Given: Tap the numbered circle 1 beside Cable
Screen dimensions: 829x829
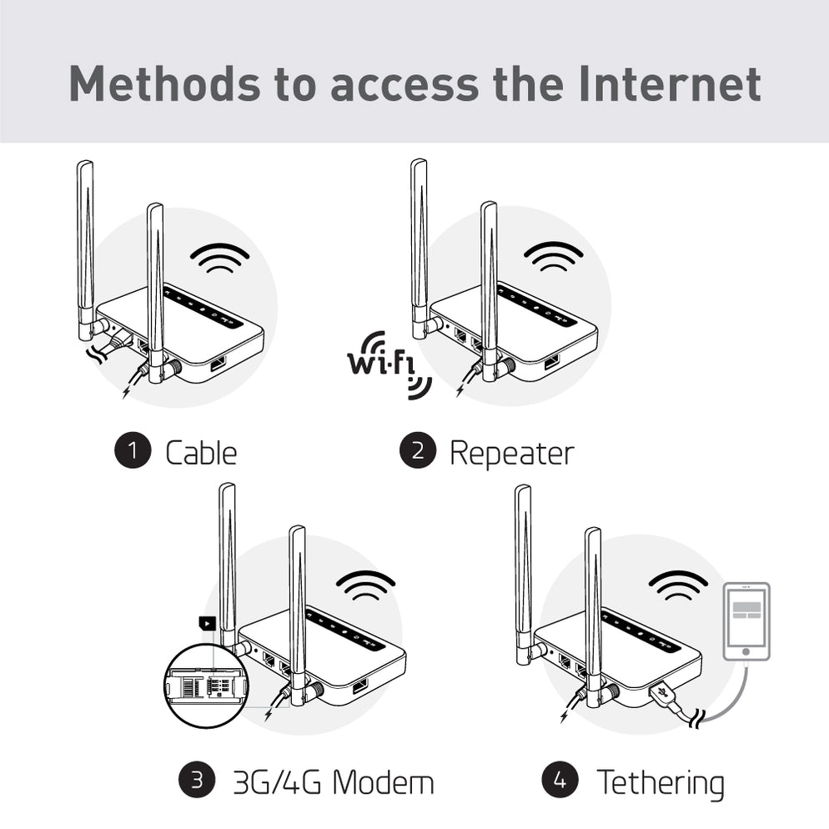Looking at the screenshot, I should tap(132, 451).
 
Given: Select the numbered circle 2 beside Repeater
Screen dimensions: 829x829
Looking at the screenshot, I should tap(417, 451).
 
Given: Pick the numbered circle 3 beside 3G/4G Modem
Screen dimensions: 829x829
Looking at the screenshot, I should tap(196, 781).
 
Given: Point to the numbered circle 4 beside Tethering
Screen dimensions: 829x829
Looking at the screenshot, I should tap(560, 781).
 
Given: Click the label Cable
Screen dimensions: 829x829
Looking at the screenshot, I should tap(201, 453).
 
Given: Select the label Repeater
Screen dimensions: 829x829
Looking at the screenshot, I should tap(511, 453).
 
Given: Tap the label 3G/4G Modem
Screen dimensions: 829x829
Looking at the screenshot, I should tap(334, 782).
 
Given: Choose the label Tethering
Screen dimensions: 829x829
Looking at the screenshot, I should tap(660, 782).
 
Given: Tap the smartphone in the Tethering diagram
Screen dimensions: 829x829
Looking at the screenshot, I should tap(745, 621).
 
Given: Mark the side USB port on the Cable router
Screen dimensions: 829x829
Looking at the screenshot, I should tap(219, 364).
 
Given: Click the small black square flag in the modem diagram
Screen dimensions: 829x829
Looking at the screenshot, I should tap(205, 622).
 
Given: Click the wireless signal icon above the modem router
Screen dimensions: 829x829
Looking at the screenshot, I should tap(365, 585).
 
